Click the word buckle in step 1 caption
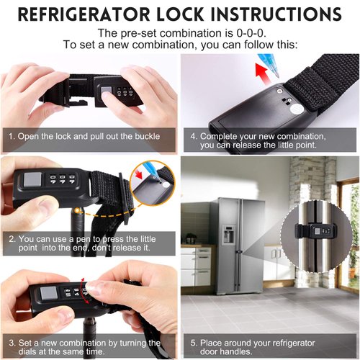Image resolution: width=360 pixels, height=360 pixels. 144,136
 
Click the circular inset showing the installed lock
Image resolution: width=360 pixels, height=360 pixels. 318,230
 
